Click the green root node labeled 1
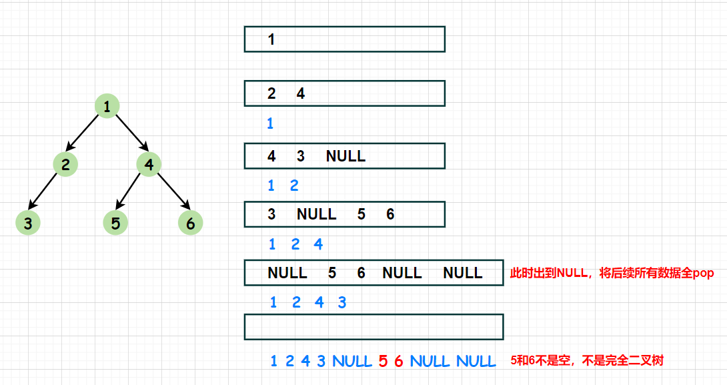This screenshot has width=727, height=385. tap(107, 106)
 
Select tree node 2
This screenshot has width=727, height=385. tap(65, 164)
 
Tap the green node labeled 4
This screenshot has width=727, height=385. tap(149, 164)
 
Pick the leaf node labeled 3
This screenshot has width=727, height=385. tap(28, 223)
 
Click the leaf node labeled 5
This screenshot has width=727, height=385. tap(115, 223)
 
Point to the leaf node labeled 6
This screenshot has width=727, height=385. tap(191, 223)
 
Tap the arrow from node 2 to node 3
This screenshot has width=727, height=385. tap(43, 191)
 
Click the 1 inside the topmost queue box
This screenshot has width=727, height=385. tap(271, 39)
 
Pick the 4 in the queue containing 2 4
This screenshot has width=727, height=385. tap(300, 93)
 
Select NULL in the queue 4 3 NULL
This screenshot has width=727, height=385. tap(345, 156)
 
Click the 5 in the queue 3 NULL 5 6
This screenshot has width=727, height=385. tap(361, 214)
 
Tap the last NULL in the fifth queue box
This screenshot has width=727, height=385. tap(463, 273)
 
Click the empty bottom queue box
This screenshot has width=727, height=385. tap(374, 314)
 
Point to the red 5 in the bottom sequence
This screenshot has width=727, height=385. tap(383, 361)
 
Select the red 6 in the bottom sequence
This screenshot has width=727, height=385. tap(399, 361)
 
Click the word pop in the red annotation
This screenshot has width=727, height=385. tap(704, 273)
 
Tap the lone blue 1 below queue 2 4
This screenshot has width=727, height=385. tap(270, 123)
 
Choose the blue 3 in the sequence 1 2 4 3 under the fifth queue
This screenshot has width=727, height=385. tap(342, 302)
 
